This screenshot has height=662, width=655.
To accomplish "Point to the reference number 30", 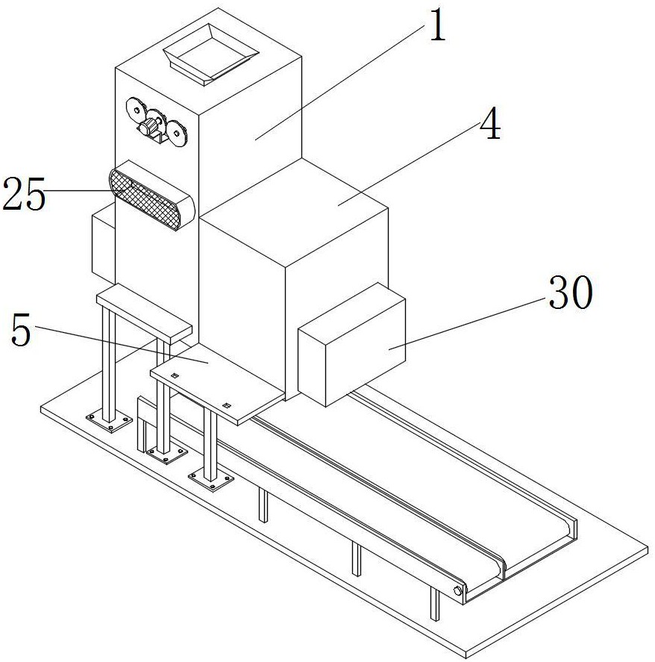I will [x=571, y=294].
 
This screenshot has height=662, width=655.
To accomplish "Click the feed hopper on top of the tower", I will [x=210, y=53].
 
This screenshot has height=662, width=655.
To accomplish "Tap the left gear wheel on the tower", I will [x=136, y=109].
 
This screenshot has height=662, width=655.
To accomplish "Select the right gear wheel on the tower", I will [x=177, y=134].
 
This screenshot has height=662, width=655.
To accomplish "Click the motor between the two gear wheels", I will [x=154, y=124].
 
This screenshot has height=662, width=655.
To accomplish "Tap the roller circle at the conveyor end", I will [x=457, y=592].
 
